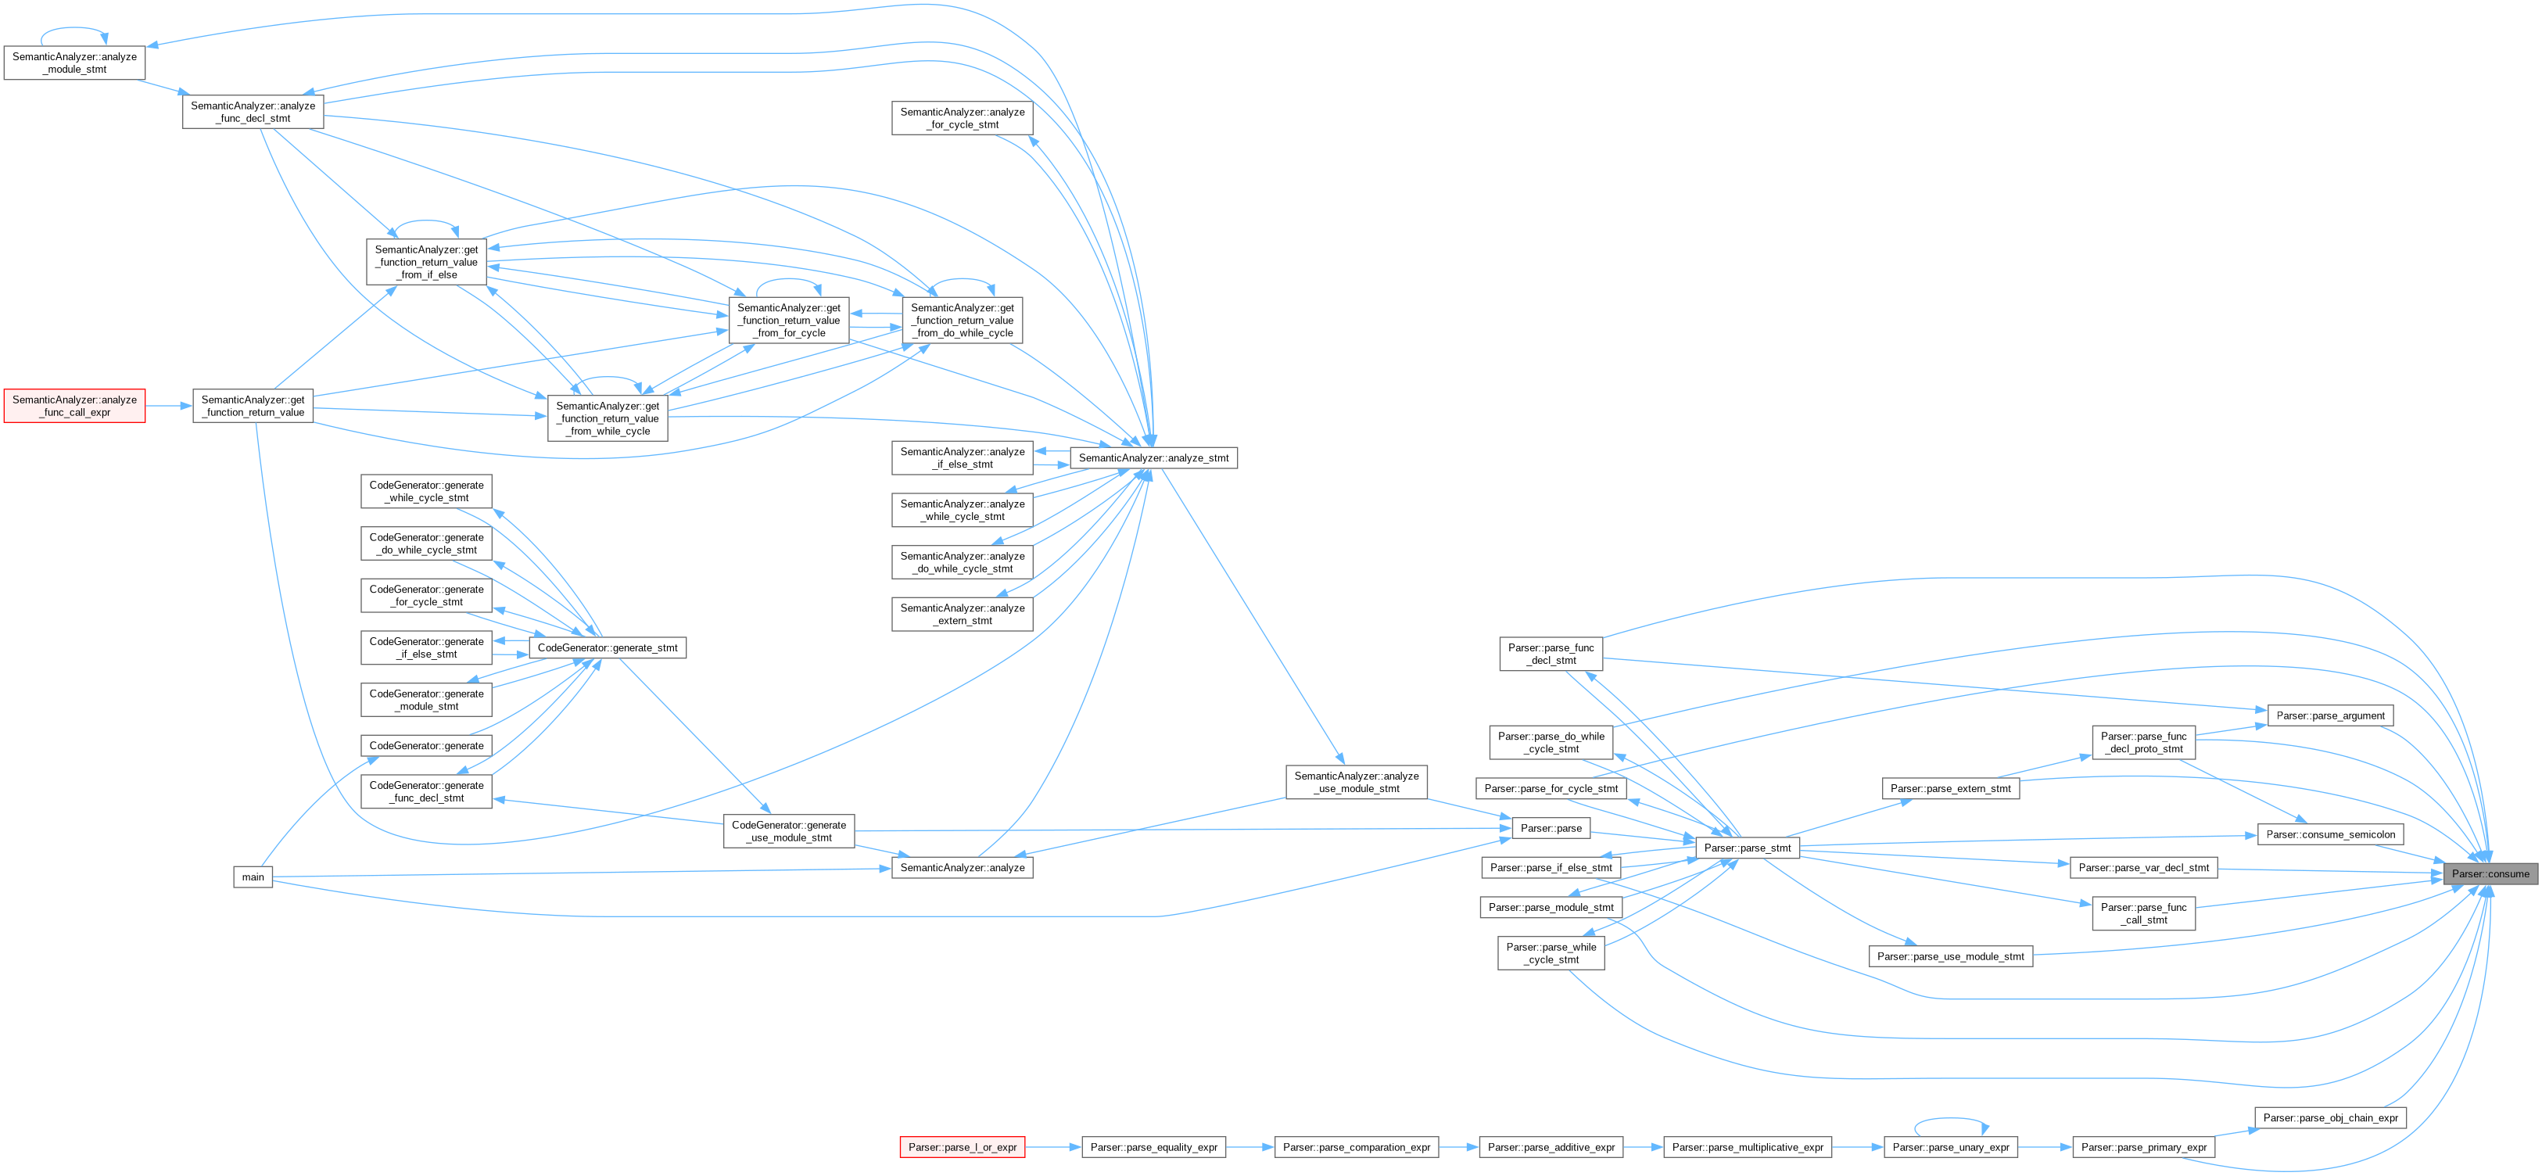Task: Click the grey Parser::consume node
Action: pos(2490,874)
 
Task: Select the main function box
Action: pos(253,877)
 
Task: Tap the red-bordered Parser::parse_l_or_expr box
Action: pos(962,1147)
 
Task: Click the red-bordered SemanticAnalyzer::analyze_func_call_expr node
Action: pos(75,407)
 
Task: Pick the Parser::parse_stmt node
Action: pos(1747,848)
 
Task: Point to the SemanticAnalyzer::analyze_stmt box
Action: pos(1153,457)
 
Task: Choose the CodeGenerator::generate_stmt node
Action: pos(607,648)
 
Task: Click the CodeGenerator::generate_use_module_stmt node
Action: pos(788,830)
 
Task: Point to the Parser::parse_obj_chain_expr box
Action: pos(2330,1118)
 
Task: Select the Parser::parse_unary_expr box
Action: pos(1950,1147)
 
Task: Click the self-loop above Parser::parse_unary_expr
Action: pos(1950,1120)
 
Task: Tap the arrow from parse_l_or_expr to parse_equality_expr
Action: pos(1053,1147)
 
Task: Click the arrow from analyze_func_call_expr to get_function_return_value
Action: pos(169,407)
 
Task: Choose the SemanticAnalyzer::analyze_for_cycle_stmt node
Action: pos(962,118)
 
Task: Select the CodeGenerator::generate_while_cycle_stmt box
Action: pos(426,491)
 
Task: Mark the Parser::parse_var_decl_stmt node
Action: pos(2143,868)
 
